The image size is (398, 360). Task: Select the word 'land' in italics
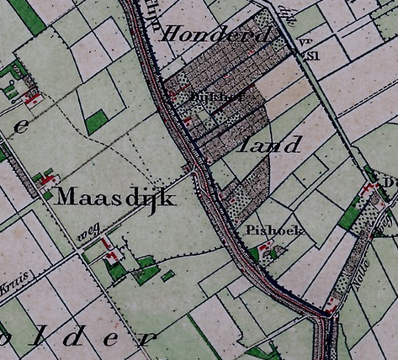(x=272, y=145)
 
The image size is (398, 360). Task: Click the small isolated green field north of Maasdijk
(x=97, y=122)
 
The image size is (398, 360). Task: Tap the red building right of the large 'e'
(x=34, y=99)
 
